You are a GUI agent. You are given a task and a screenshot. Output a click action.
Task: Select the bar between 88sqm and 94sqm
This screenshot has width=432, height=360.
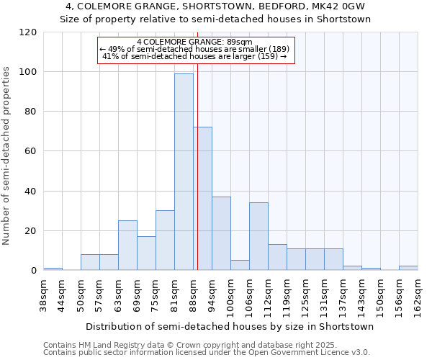(x=202, y=198)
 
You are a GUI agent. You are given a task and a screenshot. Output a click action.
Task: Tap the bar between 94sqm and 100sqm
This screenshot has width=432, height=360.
(x=221, y=233)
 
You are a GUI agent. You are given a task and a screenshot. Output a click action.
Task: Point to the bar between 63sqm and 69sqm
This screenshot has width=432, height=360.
(x=127, y=245)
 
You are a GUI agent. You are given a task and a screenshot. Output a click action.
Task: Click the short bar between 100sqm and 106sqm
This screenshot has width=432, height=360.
(x=240, y=265)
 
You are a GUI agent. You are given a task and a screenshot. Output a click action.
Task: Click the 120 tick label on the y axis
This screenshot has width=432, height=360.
(x=28, y=32)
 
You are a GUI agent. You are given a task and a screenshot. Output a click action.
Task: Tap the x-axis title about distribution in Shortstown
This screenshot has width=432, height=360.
(x=230, y=326)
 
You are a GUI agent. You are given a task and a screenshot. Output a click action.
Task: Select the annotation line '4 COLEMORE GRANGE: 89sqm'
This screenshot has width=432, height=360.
(x=194, y=42)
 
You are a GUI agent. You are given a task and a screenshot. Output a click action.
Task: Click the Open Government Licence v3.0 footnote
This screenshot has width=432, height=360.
(x=207, y=353)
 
